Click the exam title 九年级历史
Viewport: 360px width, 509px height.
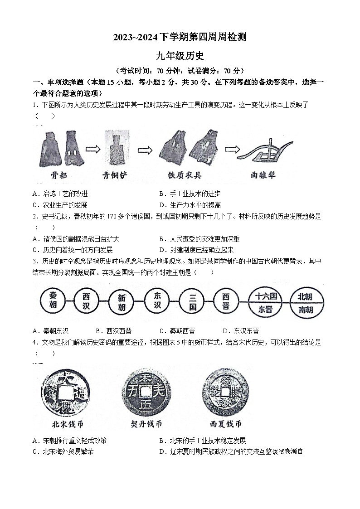180,56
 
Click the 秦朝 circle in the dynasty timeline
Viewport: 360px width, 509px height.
54,299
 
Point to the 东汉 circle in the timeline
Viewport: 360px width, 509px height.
157,299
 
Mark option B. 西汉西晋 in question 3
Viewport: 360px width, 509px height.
113,331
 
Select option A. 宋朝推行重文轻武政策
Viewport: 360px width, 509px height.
70,441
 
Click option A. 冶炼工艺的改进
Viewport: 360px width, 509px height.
60,194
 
